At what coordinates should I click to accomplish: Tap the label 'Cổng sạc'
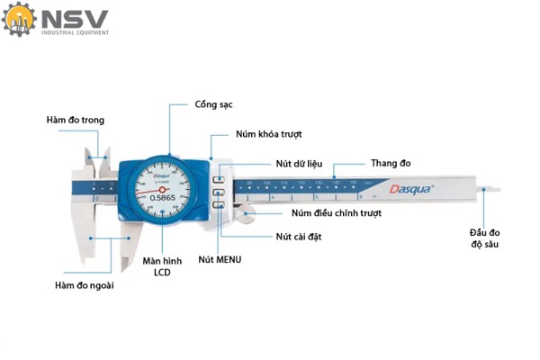(x=214, y=104)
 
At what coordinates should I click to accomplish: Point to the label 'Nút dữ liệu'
(x=299, y=164)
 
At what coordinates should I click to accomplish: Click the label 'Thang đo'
(x=391, y=163)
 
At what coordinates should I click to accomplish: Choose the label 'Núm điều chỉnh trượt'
(x=337, y=213)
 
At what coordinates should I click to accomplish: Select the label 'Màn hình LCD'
(x=163, y=267)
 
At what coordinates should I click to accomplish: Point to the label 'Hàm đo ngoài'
(x=84, y=285)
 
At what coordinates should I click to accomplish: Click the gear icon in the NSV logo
(x=18, y=21)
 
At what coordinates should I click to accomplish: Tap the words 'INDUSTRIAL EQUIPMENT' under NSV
(x=75, y=33)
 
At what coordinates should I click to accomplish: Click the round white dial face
(x=163, y=191)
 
